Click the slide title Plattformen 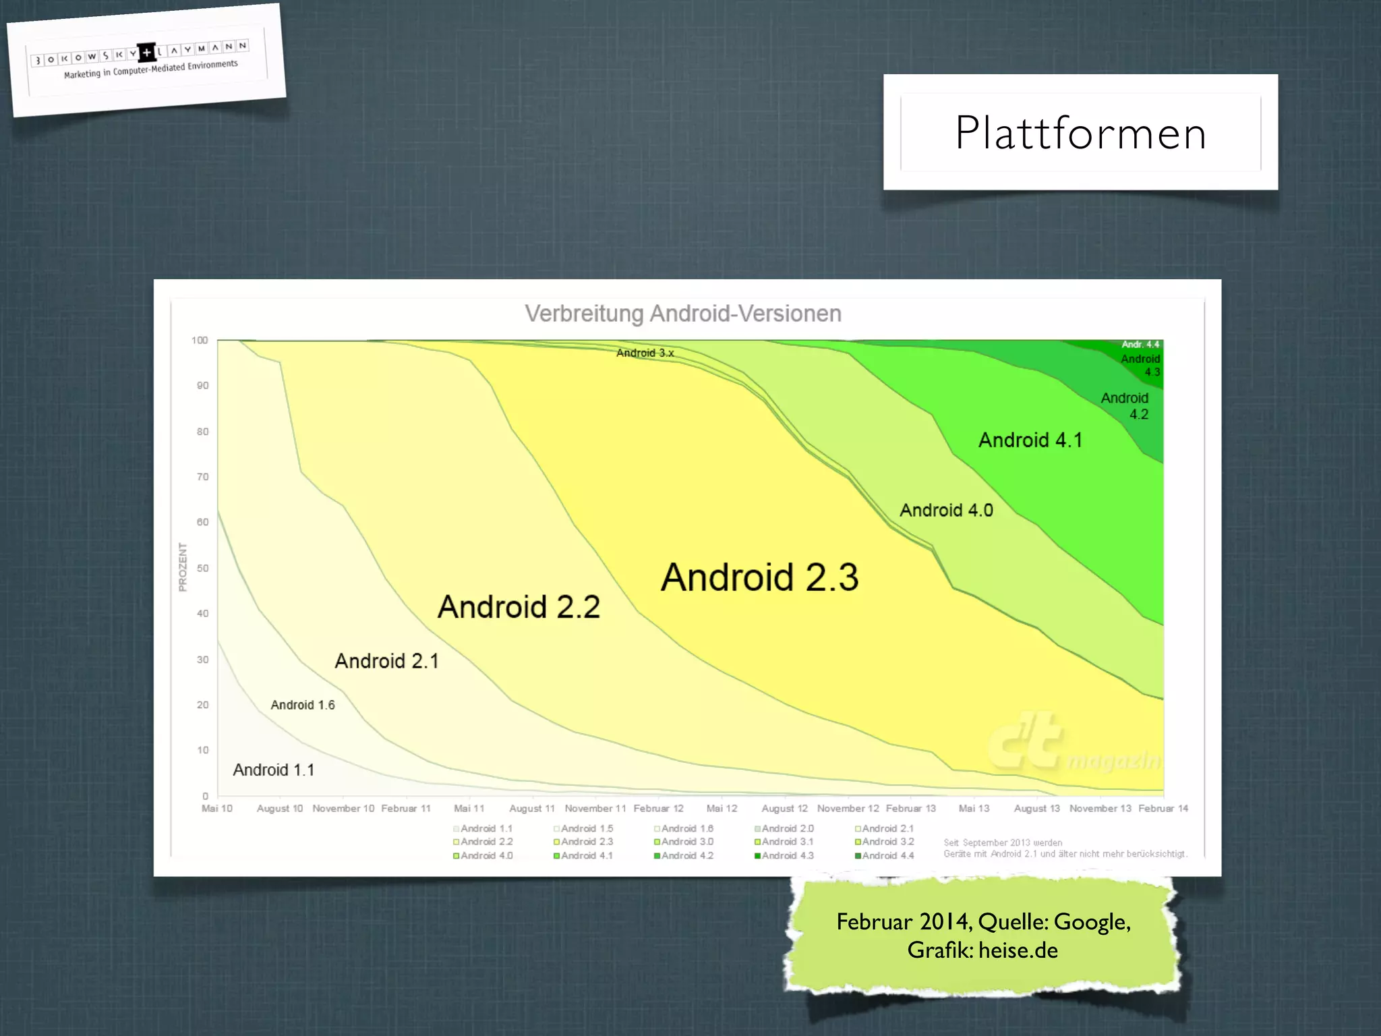[1080, 133]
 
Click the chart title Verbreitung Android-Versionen [683, 314]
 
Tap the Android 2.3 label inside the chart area [760, 577]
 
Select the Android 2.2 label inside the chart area [519, 607]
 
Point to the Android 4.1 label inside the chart [1030, 440]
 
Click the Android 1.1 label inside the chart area [274, 770]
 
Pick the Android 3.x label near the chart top [645, 353]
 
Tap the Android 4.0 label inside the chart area [946, 511]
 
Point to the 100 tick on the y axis [200, 341]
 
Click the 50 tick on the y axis [202, 568]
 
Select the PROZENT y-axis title [182, 567]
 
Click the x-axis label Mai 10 [217, 808]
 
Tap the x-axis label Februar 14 [1163, 808]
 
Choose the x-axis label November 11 [595, 808]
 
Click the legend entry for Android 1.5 [584, 828]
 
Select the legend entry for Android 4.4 [885, 856]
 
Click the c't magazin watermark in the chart [1072, 745]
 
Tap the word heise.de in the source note [1018, 950]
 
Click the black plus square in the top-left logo [146, 52]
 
